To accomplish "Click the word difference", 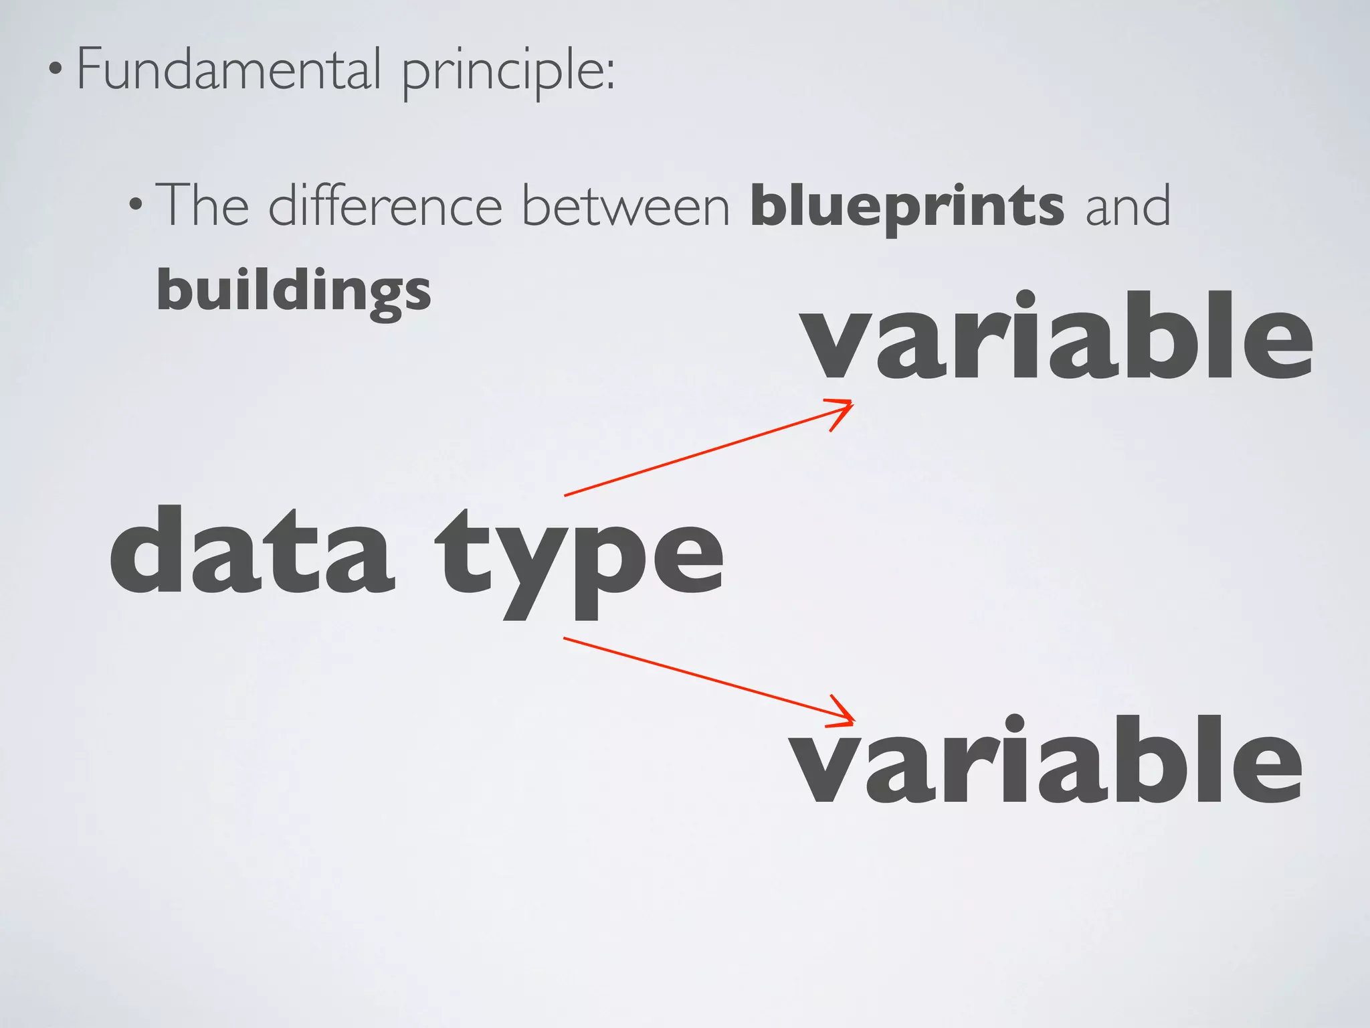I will click(x=385, y=205).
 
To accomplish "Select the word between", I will click(x=625, y=205).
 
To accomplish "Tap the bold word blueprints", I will click(x=907, y=207).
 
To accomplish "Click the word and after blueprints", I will click(x=1127, y=205).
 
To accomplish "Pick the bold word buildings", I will click(x=294, y=292).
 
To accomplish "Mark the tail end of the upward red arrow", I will click(x=566, y=495).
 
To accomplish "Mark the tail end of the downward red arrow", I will click(x=565, y=638).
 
